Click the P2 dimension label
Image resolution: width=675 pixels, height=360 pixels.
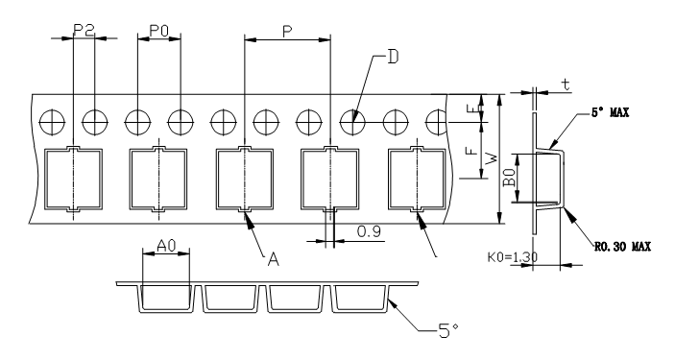[84, 30]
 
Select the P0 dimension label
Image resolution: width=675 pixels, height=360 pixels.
[158, 31]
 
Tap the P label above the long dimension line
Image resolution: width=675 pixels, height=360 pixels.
[287, 32]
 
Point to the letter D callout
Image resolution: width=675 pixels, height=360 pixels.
[393, 57]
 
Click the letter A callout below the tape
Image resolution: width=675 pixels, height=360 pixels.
[274, 259]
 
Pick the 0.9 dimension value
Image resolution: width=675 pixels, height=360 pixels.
[370, 231]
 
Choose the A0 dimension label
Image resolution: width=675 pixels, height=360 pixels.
[166, 246]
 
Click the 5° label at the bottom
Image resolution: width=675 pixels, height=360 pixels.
[448, 330]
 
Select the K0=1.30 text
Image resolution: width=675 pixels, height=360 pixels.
[513, 257]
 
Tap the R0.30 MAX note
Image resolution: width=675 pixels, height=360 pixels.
[623, 247]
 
